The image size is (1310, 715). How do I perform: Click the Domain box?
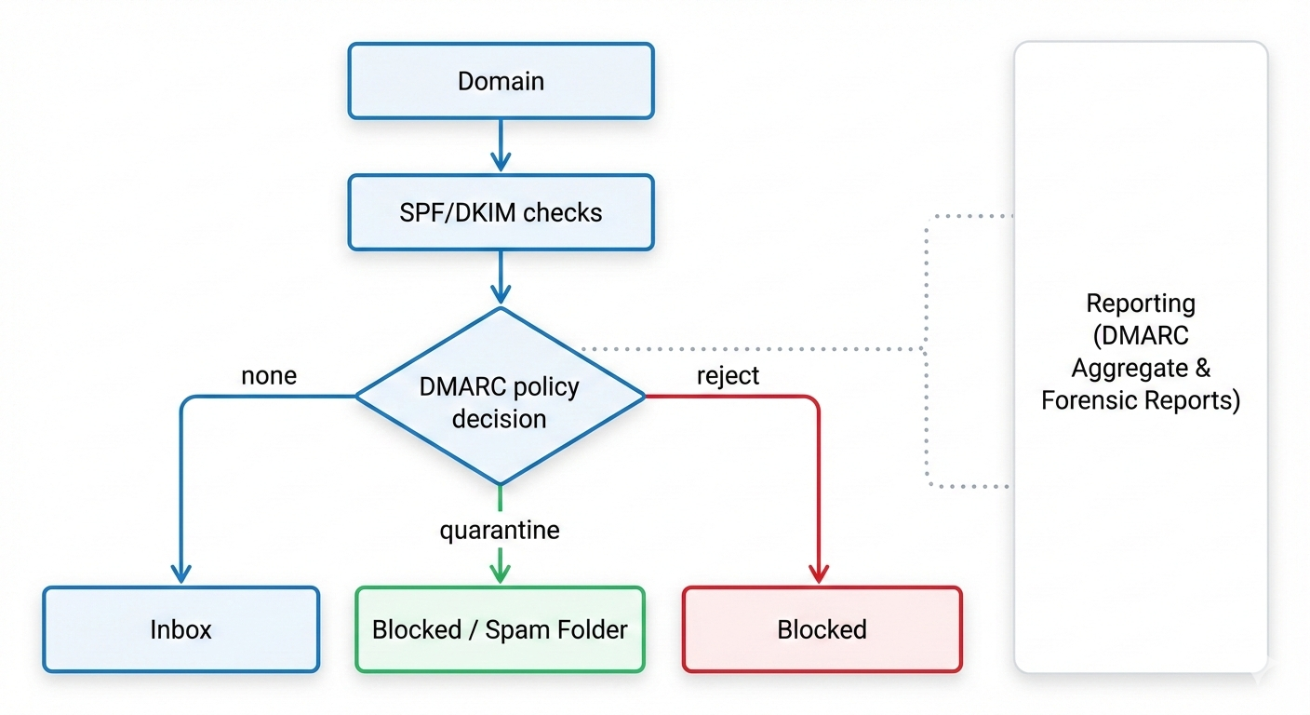click(501, 81)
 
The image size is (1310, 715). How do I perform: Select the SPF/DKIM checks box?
click(501, 212)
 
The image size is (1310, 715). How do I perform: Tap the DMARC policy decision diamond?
click(500, 400)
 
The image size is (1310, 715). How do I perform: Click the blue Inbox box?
click(181, 629)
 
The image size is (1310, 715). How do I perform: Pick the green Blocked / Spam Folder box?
click(500, 629)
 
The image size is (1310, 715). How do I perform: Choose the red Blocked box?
click(822, 629)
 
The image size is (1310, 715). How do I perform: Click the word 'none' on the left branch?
click(269, 375)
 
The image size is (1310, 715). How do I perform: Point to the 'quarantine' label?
click(500, 531)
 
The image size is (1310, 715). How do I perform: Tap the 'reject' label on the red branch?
click(728, 375)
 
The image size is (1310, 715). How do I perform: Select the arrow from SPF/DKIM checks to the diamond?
click(501, 277)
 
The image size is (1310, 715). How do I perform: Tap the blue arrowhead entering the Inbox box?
click(181, 573)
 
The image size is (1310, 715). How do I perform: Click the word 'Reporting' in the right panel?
click(1141, 304)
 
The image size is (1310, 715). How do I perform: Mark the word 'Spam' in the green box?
click(516, 629)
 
